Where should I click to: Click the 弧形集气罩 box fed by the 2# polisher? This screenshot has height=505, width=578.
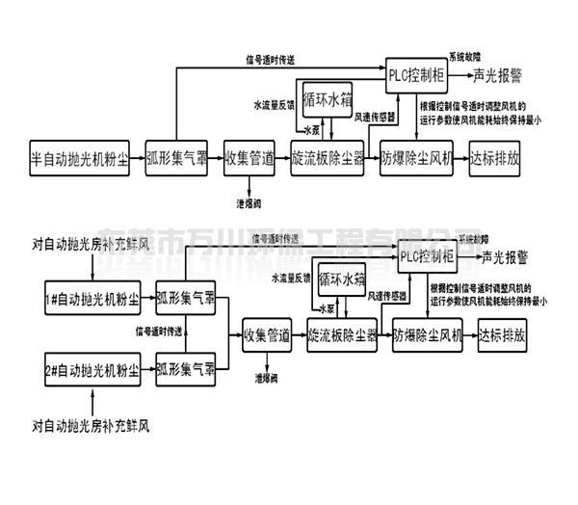(187, 370)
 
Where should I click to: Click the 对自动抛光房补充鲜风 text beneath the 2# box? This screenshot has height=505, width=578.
(90, 424)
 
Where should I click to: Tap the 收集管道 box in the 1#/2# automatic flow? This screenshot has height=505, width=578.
(267, 336)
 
